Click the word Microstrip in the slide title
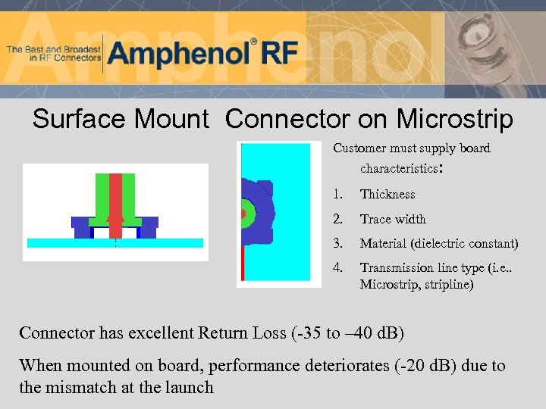454,119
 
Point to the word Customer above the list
359,148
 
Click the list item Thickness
388,195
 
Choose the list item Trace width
393,220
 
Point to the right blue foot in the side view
149,226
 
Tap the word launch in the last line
192,388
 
